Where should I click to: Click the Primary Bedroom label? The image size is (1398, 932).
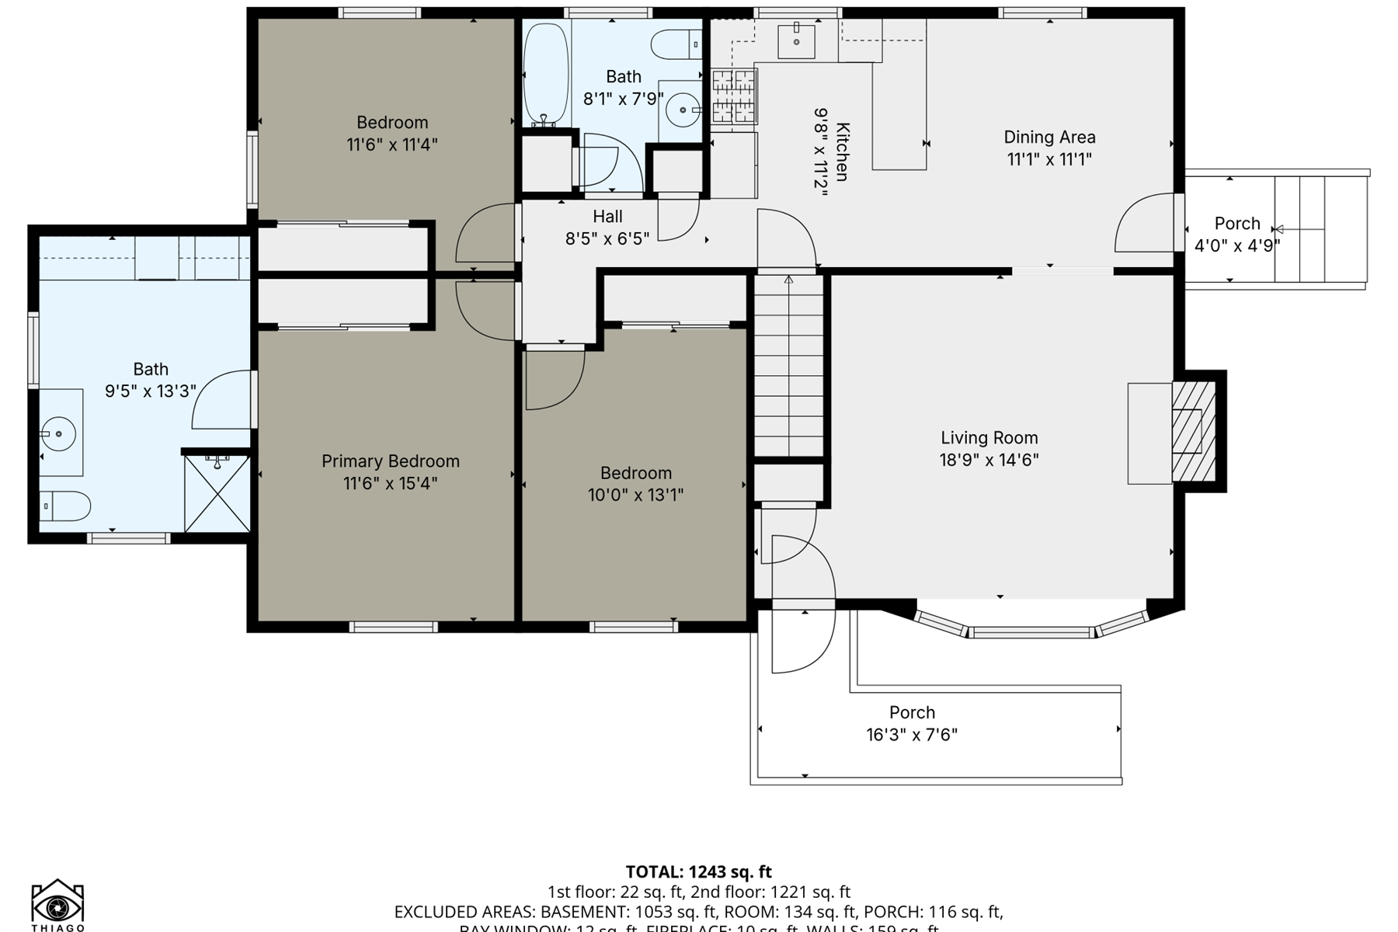390,461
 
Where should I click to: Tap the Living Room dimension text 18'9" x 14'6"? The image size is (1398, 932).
989,460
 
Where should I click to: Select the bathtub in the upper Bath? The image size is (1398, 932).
546,74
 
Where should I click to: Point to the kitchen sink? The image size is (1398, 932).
796,40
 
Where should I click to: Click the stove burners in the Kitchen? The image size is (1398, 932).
734,96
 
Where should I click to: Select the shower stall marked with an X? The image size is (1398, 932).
217,494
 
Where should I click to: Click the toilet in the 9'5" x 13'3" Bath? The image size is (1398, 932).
64,506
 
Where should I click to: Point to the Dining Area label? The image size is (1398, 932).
1049,137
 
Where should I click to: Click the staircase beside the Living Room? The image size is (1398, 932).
788,365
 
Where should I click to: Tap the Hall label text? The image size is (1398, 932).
607,217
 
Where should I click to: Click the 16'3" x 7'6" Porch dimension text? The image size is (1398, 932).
912,735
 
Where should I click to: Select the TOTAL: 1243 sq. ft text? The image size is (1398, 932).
698,871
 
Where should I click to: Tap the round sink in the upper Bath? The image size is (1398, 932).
683,110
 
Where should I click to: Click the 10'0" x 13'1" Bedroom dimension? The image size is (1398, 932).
635,495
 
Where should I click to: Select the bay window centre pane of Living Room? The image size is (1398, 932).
1031,633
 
